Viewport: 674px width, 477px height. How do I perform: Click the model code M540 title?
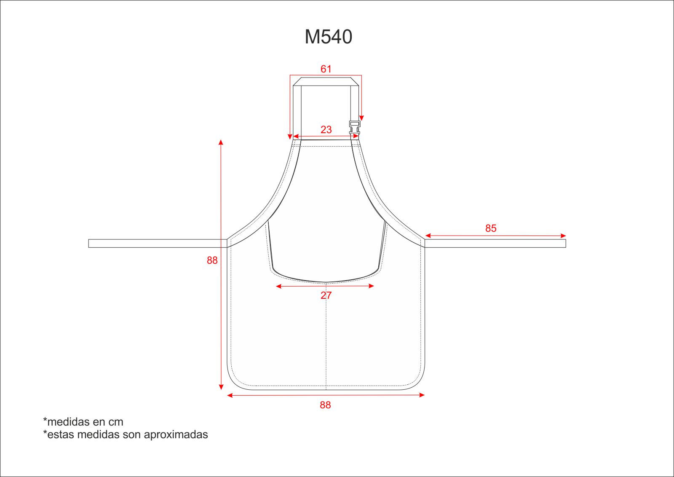pos(328,37)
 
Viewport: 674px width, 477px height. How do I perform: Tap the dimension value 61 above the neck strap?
pos(326,69)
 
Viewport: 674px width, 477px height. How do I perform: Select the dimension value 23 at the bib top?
pos(326,130)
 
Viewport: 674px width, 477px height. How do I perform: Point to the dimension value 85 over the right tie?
pos(491,228)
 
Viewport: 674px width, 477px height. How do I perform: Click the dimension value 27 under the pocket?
pos(326,295)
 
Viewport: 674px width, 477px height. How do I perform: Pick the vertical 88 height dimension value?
pos(212,260)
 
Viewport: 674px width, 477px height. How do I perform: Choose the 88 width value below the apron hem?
pos(325,405)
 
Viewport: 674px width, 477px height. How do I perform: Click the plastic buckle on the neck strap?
pos(355,127)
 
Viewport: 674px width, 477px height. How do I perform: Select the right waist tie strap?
pos(495,244)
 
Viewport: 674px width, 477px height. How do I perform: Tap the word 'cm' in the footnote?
pos(116,422)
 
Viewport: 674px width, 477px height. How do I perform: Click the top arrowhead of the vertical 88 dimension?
pos(221,142)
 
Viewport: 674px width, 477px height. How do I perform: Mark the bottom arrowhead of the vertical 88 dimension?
pos(221,387)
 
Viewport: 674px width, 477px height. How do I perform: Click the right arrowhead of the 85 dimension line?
pos(563,236)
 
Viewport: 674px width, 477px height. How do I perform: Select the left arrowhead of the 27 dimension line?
pos(278,287)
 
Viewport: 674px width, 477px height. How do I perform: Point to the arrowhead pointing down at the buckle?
pos(361,118)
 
